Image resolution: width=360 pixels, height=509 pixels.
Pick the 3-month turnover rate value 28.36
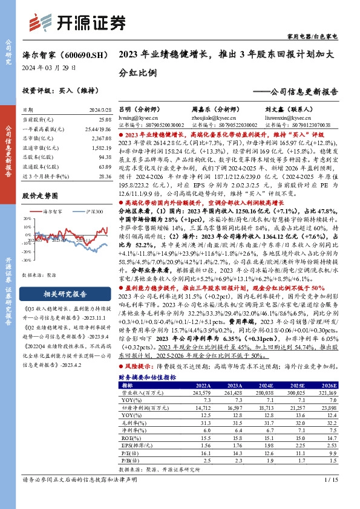point(104,176)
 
